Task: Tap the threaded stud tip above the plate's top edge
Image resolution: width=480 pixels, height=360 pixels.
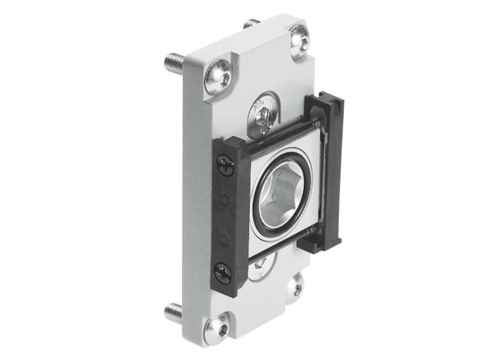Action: [251, 24]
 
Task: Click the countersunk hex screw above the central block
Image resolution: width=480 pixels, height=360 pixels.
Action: [262, 113]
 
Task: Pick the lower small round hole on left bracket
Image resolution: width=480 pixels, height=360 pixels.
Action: [224, 238]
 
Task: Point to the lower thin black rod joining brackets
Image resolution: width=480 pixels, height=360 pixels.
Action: [282, 245]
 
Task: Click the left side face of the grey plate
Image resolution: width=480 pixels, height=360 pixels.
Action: [190, 198]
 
